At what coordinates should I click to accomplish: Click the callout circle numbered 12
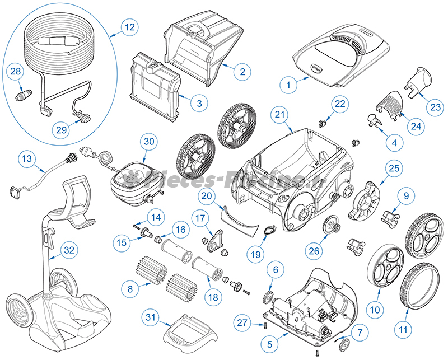pyautogui.click(x=129, y=27)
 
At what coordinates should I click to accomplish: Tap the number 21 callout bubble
pyautogui.click(x=279, y=114)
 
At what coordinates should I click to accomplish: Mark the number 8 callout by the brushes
pyautogui.click(x=130, y=289)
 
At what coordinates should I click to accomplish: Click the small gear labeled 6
pyautogui.click(x=268, y=293)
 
